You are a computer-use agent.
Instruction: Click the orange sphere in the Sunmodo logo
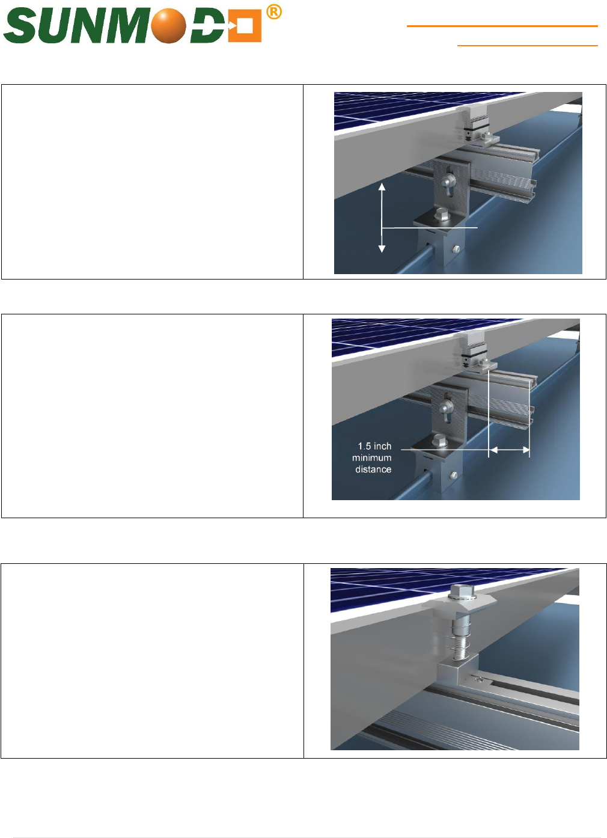[x=169, y=25]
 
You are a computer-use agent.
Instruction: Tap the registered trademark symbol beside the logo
[x=274, y=13]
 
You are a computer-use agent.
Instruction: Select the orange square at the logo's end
[x=245, y=26]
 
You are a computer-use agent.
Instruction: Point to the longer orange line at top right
[x=502, y=26]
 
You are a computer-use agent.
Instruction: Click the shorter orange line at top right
[x=527, y=46]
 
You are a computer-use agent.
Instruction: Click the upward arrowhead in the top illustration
[x=382, y=186]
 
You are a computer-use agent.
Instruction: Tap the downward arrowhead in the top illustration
[x=382, y=249]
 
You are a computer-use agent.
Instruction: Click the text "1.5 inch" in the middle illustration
[x=374, y=446]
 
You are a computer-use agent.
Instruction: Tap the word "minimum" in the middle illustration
[x=372, y=457]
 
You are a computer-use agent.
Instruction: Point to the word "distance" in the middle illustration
[x=373, y=469]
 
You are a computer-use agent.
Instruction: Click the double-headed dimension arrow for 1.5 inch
[x=509, y=450]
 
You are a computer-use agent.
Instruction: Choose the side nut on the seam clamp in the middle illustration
[x=453, y=475]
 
